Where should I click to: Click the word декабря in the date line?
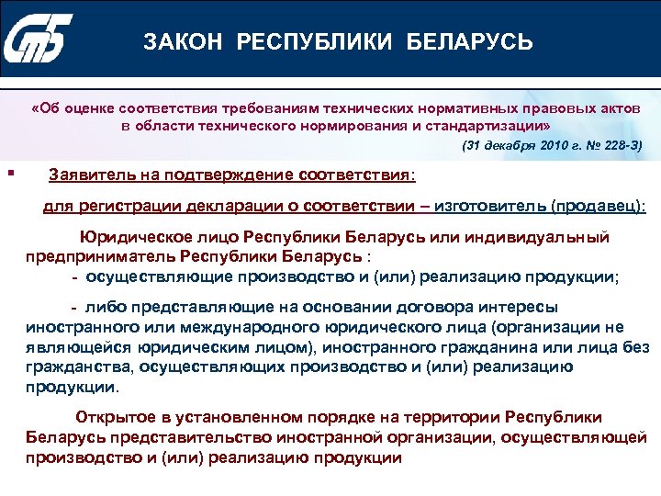point(503,146)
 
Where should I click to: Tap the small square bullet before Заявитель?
point(9,170)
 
